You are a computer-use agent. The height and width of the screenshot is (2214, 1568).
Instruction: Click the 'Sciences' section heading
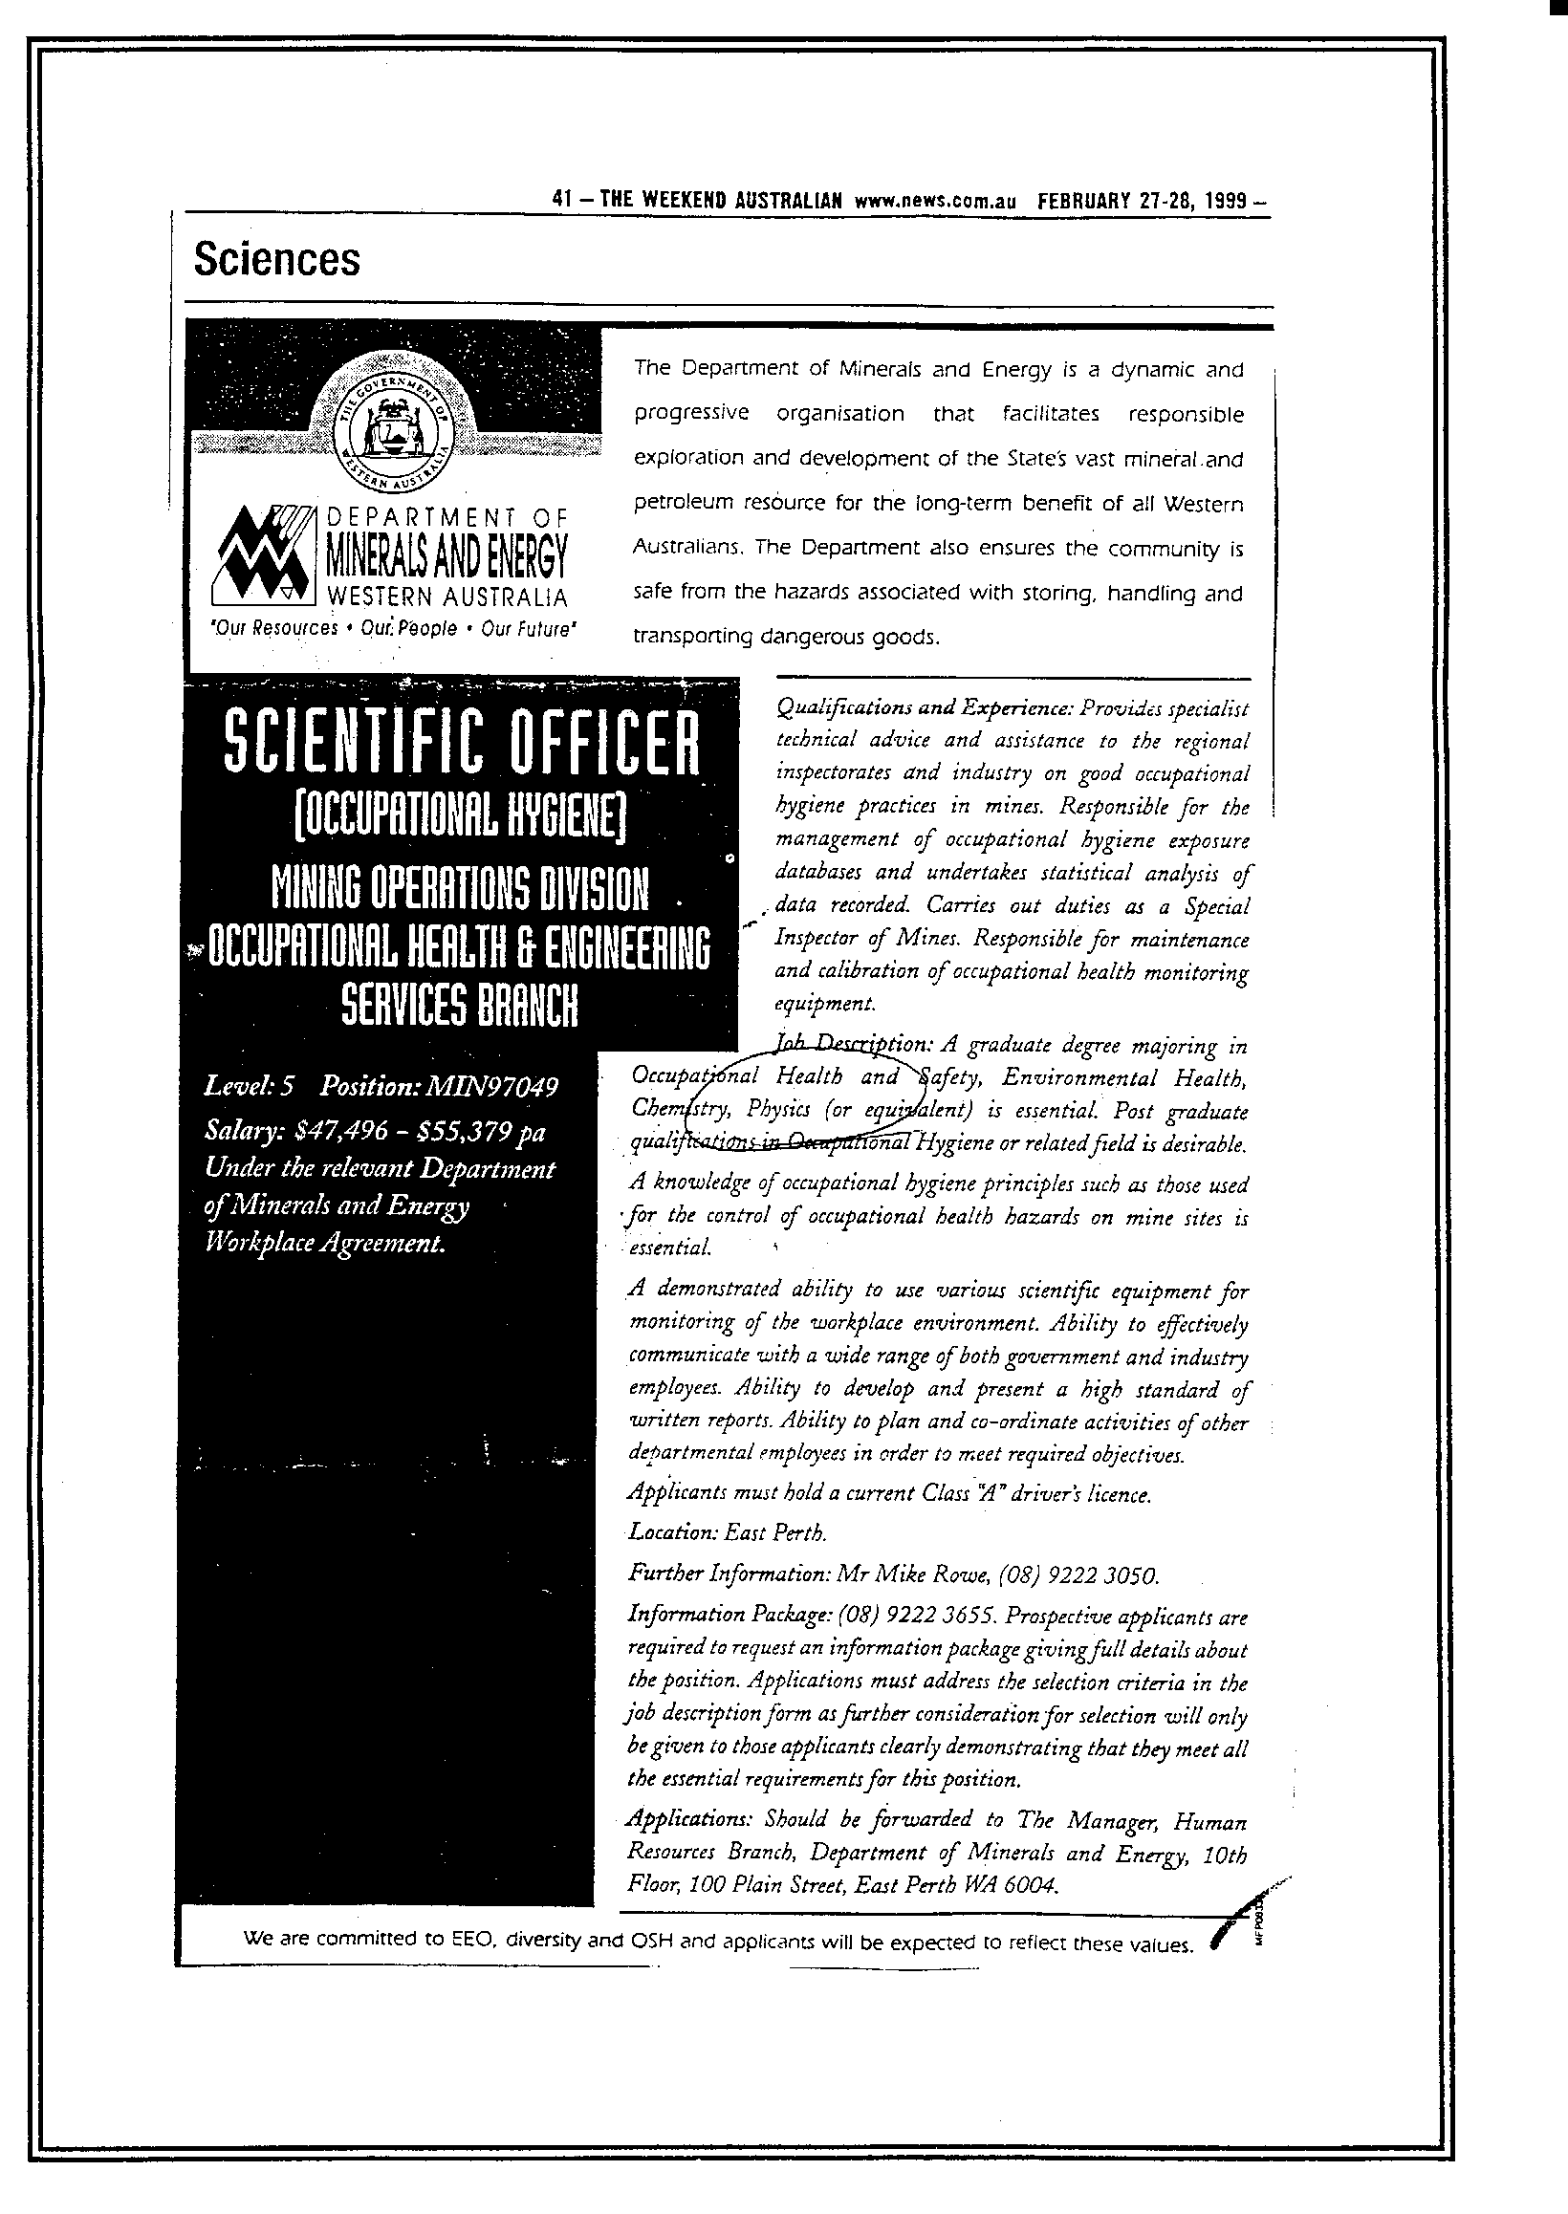(276, 260)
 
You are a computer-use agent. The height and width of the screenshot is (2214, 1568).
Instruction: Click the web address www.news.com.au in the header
(936, 202)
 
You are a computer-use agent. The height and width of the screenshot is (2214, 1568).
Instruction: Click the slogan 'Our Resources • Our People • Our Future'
(393, 629)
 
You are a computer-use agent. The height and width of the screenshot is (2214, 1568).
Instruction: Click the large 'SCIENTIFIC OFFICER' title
(462, 744)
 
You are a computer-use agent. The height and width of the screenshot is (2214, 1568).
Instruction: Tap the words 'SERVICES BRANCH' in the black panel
(461, 1007)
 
